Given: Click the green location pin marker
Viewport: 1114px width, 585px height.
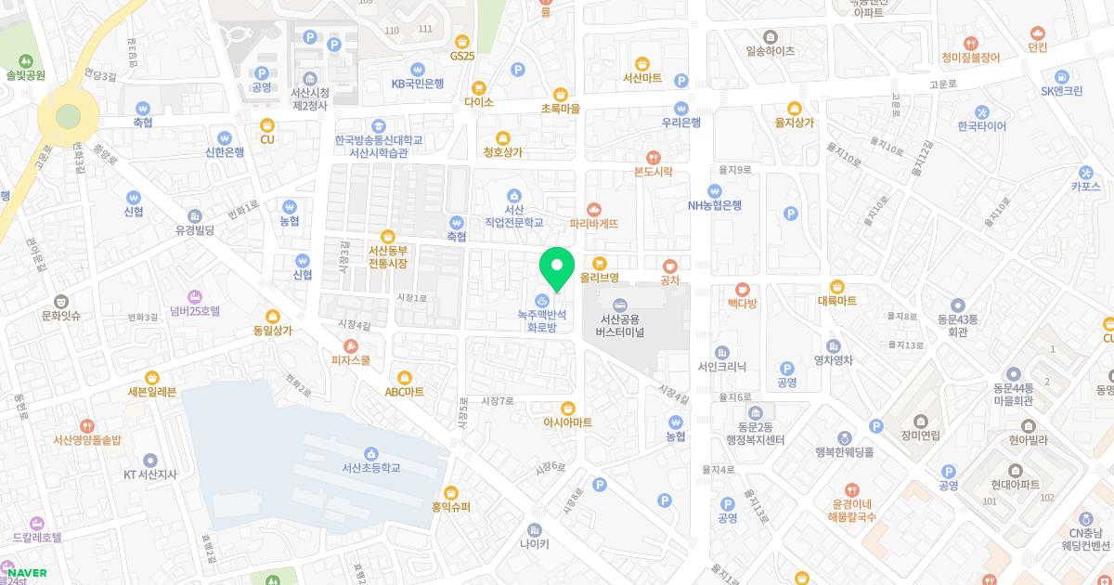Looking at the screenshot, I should pyautogui.click(x=557, y=266).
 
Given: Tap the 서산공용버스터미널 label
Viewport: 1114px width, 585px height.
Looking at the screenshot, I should pyautogui.click(x=620, y=325).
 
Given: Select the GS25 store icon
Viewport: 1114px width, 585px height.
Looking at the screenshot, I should pyautogui.click(x=462, y=41).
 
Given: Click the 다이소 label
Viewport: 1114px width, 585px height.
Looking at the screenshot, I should pyautogui.click(x=479, y=102).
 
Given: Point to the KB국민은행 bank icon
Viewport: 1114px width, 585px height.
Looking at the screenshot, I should pyautogui.click(x=418, y=69).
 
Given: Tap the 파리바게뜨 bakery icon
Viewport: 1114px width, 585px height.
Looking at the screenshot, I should pyautogui.click(x=594, y=209).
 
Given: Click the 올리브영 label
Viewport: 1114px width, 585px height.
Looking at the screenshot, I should pyautogui.click(x=599, y=277).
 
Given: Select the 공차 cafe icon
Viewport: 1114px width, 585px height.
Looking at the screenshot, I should pyautogui.click(x=670, y=265).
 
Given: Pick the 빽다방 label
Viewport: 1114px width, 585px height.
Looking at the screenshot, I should pyautogui.click(x=742, y=304).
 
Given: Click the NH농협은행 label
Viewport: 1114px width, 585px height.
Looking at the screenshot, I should pyautogui.click(x=714, y=205).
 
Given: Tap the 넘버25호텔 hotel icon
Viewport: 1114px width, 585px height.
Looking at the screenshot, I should pyautogui.click(x=195, y=296).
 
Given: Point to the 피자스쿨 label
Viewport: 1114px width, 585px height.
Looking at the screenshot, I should pyautogui.click(x=351, y=360).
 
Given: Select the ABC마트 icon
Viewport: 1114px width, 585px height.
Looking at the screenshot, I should pyautogui.click(x=405, y=377).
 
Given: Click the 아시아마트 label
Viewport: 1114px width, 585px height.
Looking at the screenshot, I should pyautogui.click(x=568, y=422).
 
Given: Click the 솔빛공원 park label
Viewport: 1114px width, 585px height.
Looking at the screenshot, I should pyautogui.click(x=25, y=75).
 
